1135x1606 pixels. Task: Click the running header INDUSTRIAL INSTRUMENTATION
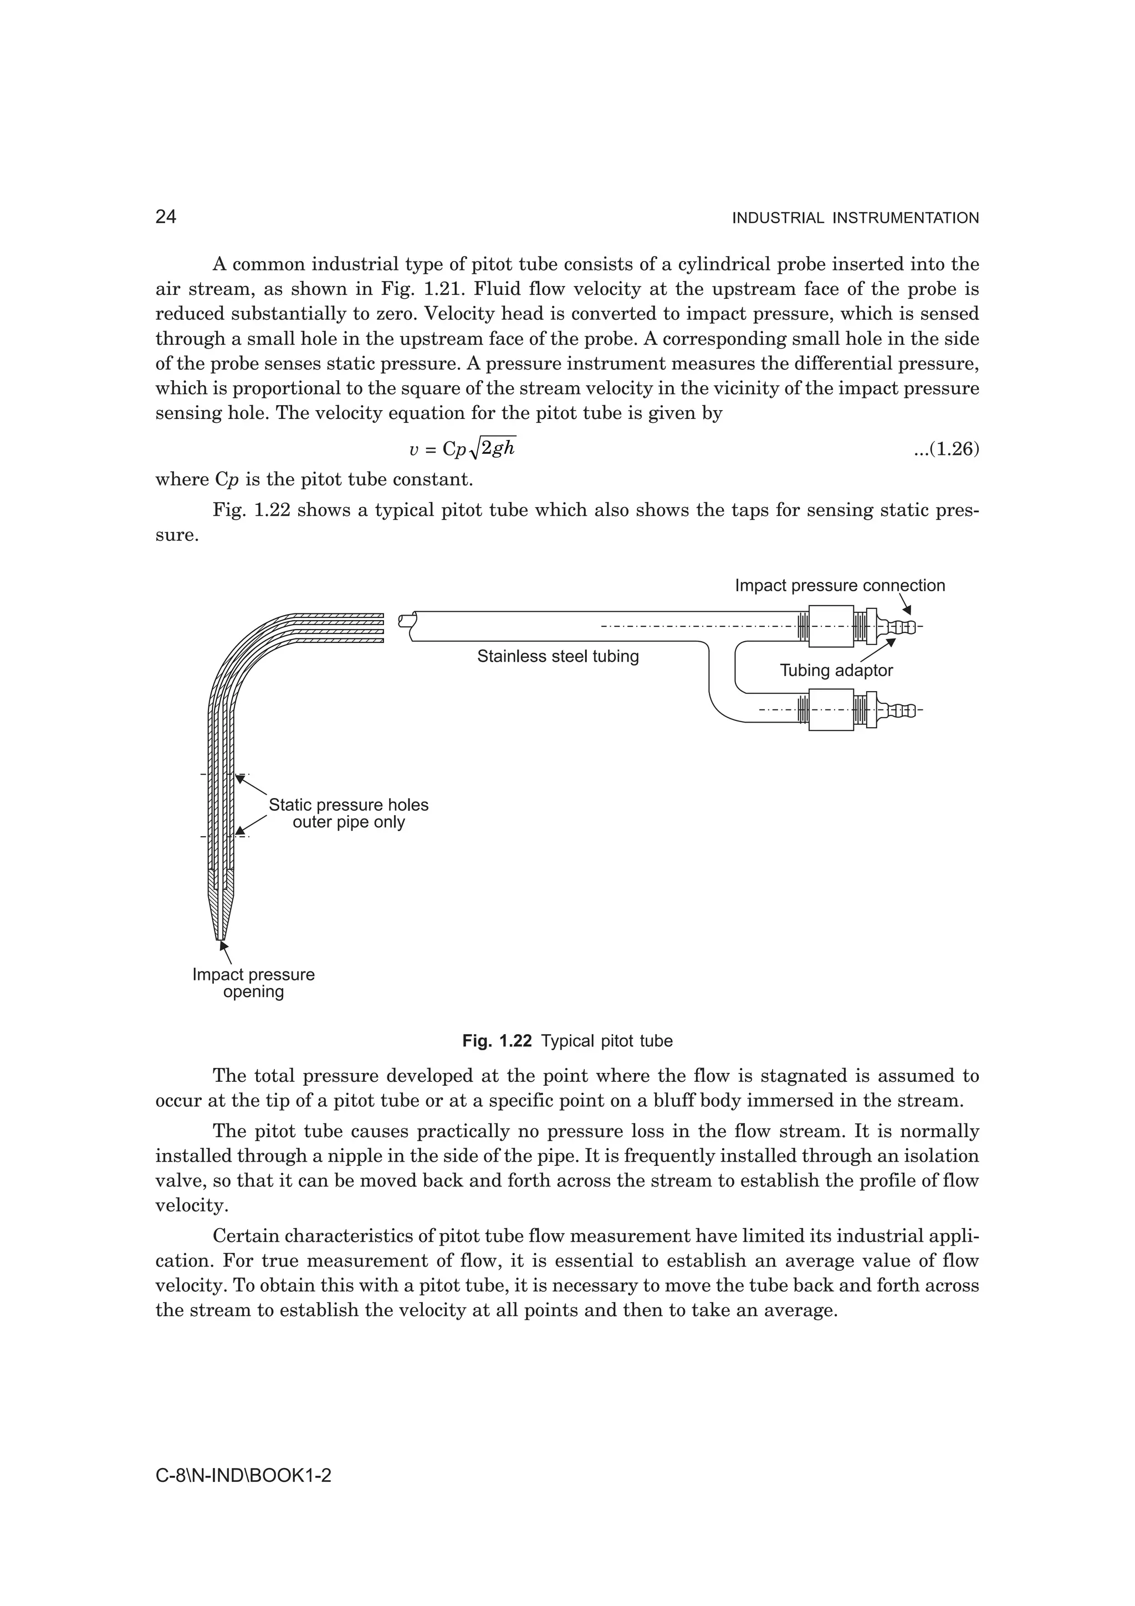[x=855, y=218]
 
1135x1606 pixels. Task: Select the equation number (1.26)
[x=946, y=449]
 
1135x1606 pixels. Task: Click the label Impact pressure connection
[x=839, y=585]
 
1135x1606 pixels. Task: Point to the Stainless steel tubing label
[x=558, y=656]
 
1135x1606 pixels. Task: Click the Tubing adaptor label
[x=836, y=670]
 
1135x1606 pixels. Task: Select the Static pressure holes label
[x=348, y=805]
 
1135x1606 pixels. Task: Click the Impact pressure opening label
[x=253, y=983]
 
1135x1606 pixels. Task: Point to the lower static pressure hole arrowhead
[x=240, y=832]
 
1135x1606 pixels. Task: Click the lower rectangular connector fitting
[x=831, y=710]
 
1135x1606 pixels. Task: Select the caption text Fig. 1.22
[x=497, y=1041]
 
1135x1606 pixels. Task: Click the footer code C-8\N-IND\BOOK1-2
[x=243, y=1475]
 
